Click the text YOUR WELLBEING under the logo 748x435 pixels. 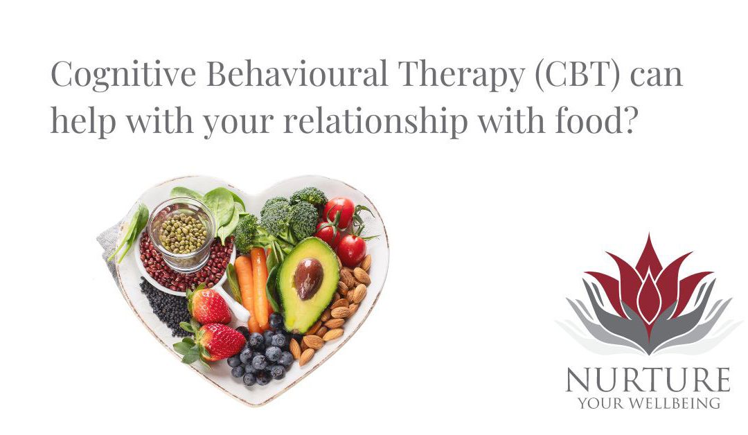point(648,403)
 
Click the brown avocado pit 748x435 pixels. point(309,278)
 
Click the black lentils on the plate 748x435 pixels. point(164,305)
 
